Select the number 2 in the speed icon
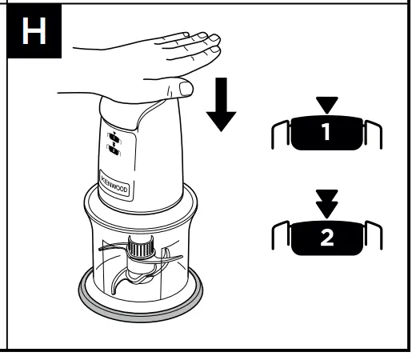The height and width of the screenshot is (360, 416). pyautogui.click(x=324, y=238)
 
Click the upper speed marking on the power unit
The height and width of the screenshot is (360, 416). pyautogui.click(x=113, y=135)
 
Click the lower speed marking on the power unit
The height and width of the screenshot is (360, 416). pyautogui.click(x=113, y=150)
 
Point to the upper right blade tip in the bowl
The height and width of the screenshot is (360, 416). pyautogui.click(x=169, y=256)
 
